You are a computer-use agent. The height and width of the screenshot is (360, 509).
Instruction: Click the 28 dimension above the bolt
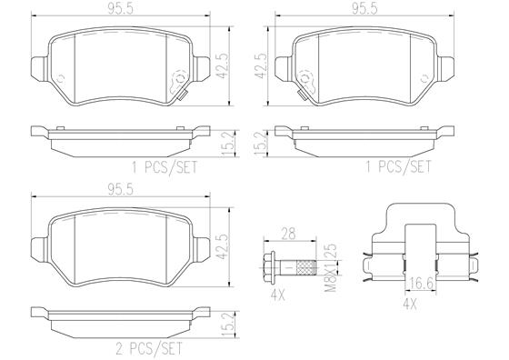coord(288,234)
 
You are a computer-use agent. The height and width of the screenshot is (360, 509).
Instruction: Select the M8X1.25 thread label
coord(332,268)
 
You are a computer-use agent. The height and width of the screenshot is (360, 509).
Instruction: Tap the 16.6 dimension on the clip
coord(420,284)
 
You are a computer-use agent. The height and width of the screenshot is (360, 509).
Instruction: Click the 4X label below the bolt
coord(277,295)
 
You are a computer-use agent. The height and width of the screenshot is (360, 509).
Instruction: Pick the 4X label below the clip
coord(409,305)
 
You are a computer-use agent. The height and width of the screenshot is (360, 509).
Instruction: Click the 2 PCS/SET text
coord(149,349)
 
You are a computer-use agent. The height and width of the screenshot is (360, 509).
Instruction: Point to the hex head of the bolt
coord(269,268)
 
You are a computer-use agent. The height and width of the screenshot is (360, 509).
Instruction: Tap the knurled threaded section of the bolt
coord(306,268)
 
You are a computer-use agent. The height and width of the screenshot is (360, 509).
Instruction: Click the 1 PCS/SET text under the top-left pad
coord(164,167)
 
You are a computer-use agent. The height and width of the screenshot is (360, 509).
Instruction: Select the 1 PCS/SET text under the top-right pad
coord(399,167)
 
